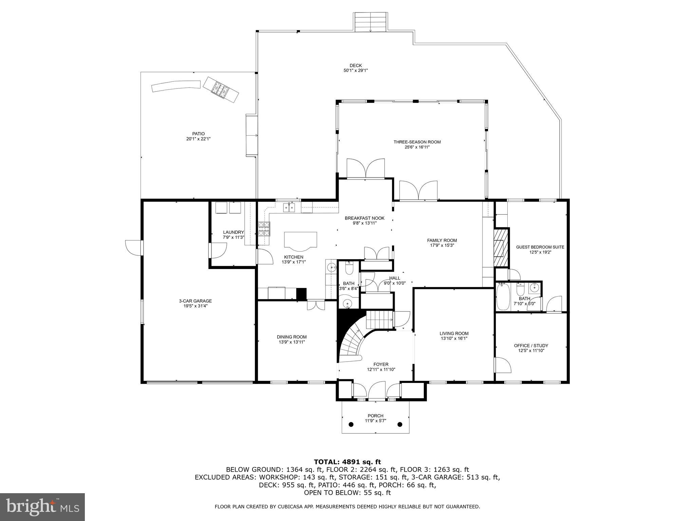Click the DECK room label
tap(356, 65)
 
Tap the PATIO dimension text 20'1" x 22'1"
tap(198, 139)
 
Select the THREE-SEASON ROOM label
tap(417, 142)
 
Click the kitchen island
tap(300, 240)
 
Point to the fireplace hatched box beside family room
tap(501, 247)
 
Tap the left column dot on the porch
tap(351, 424)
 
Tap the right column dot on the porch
tap(400, 424)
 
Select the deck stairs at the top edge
tap(371, 22)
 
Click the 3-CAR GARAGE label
tap(195, 301)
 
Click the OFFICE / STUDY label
tap(531, 346)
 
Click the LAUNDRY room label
tap(233, 232)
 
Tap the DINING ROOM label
tap(292, 337)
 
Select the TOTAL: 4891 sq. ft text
tap(347, 462)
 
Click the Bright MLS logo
tap(42, 507)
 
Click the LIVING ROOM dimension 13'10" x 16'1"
tap(454, 338)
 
